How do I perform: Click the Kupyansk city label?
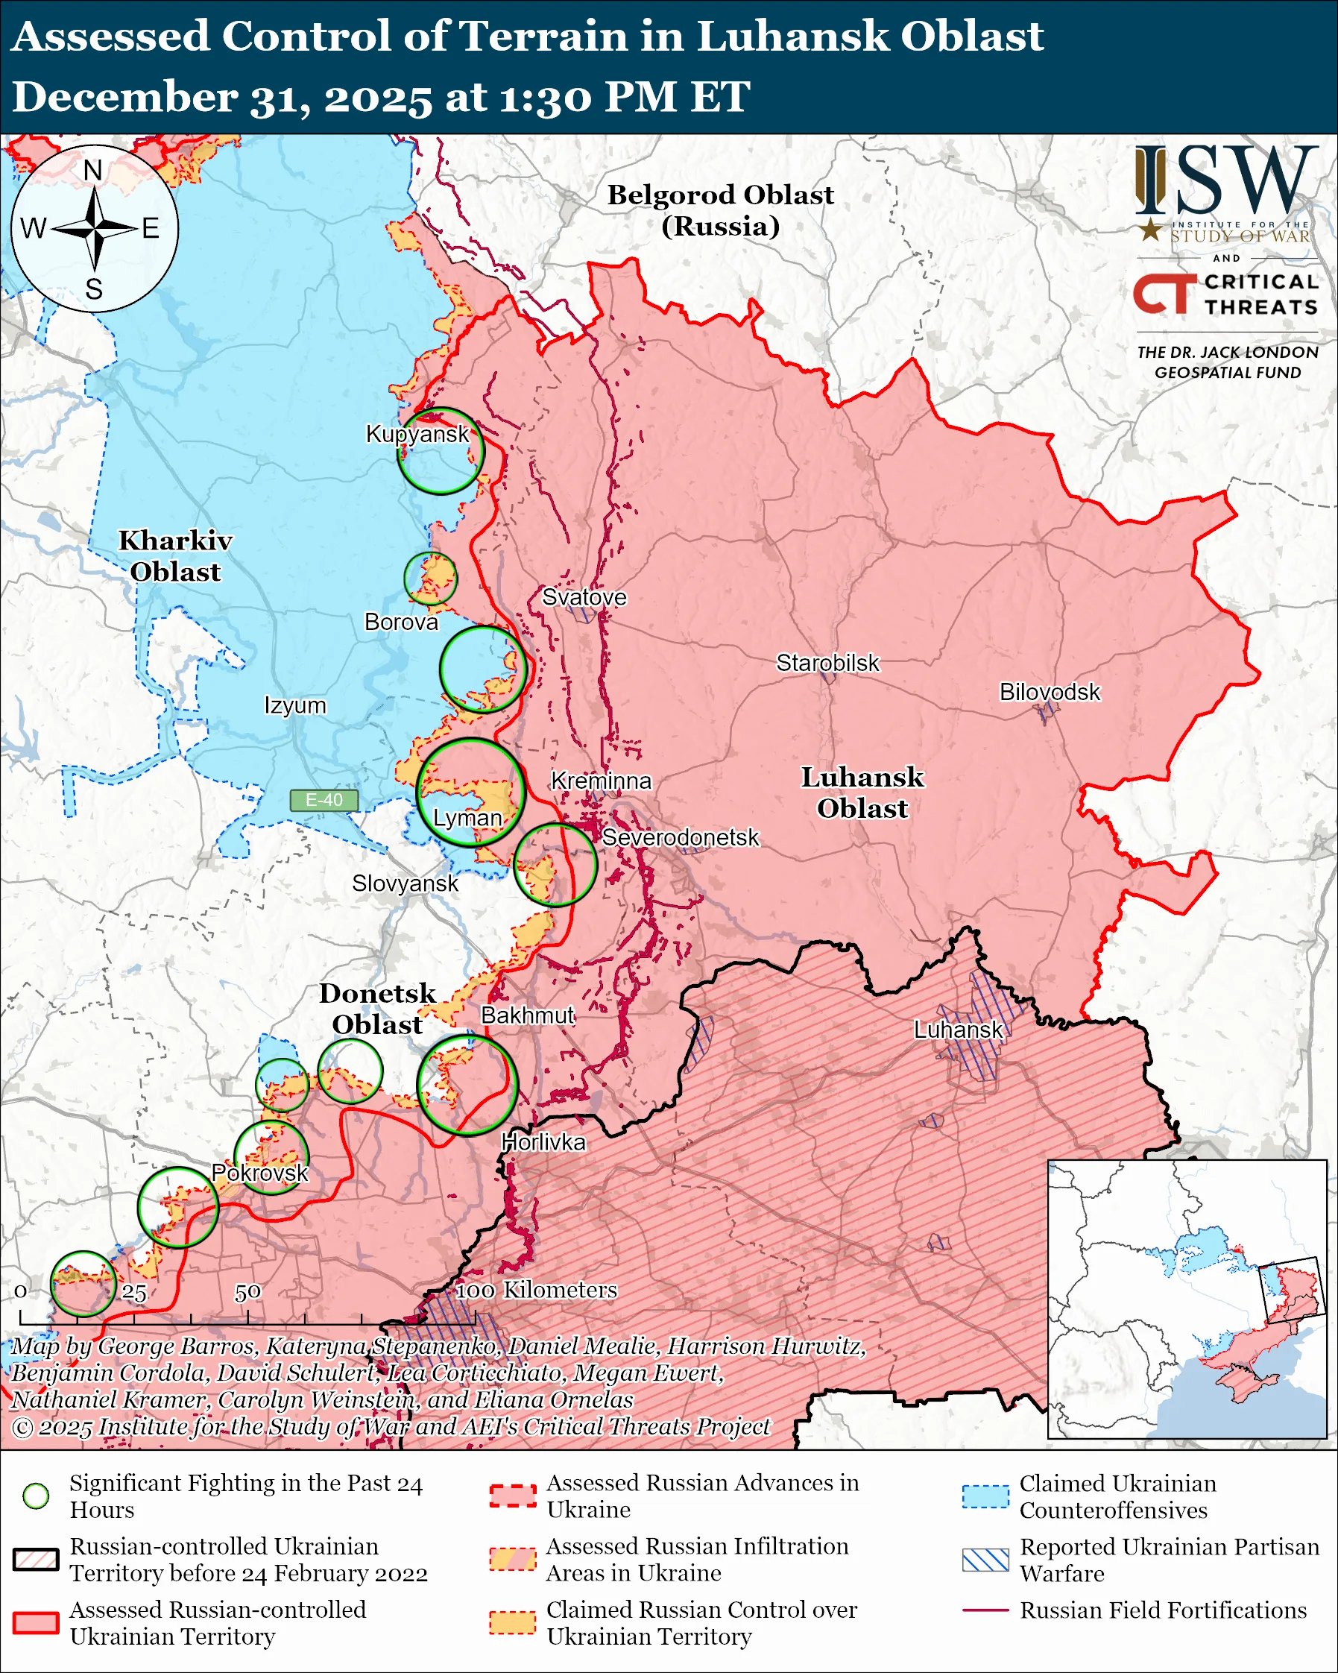click(417, 434)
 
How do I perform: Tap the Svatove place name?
click(584, 596)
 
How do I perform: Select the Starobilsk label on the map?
click(827, 663)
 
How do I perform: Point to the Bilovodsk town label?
click(1050, 691)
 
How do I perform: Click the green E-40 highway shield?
click(324, 800)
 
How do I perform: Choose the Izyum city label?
click(294, 705)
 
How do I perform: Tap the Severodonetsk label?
click(681, 837)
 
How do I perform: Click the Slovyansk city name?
click(405, 883)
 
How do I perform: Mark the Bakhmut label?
click(528, 1015)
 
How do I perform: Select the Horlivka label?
click(543, 1142)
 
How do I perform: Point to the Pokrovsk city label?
click(260, 1173)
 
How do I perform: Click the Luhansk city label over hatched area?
click(958, 1030)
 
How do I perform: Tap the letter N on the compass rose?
click(93, 170)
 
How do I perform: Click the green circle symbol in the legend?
click(36, 1496)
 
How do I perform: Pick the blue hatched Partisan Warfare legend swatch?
click(985, 1560)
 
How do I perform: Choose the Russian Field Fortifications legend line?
click(985, 1610)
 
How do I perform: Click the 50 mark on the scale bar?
click(247, 1292)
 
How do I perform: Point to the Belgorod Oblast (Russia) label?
click(720, 210)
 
